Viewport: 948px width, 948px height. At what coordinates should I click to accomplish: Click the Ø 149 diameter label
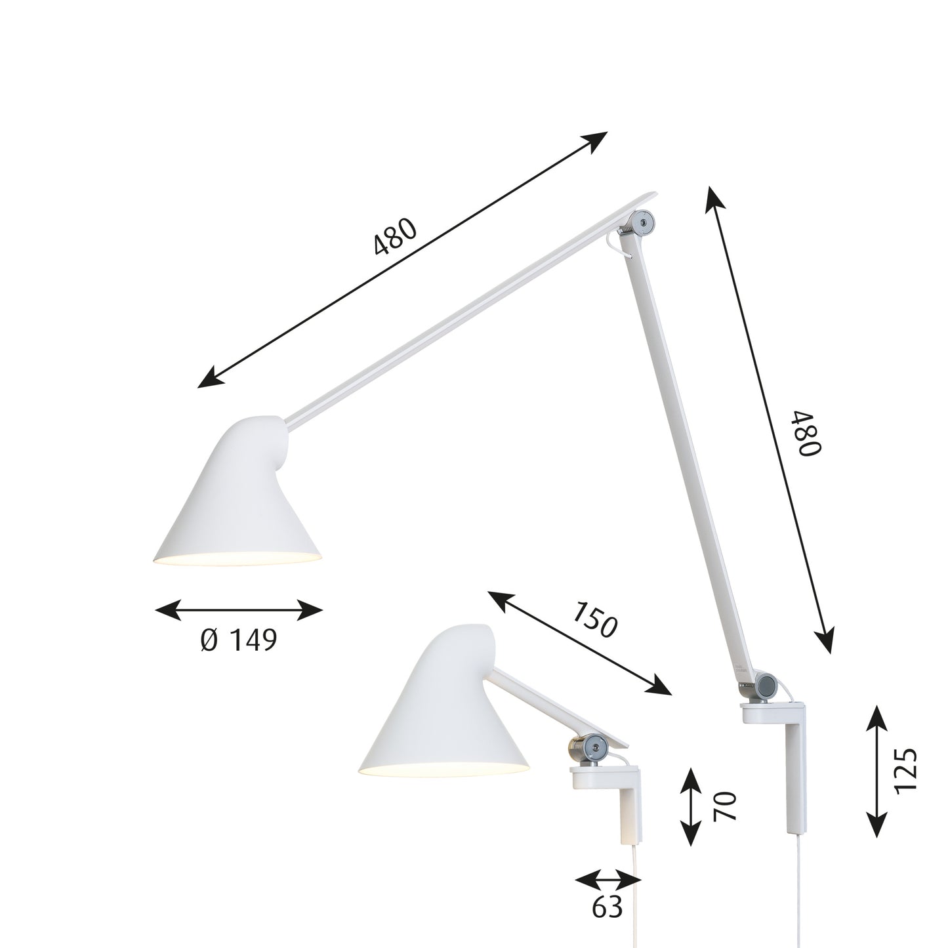click(x=239, y=640)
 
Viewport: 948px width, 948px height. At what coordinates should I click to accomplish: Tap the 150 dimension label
click(x=594, y=619)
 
